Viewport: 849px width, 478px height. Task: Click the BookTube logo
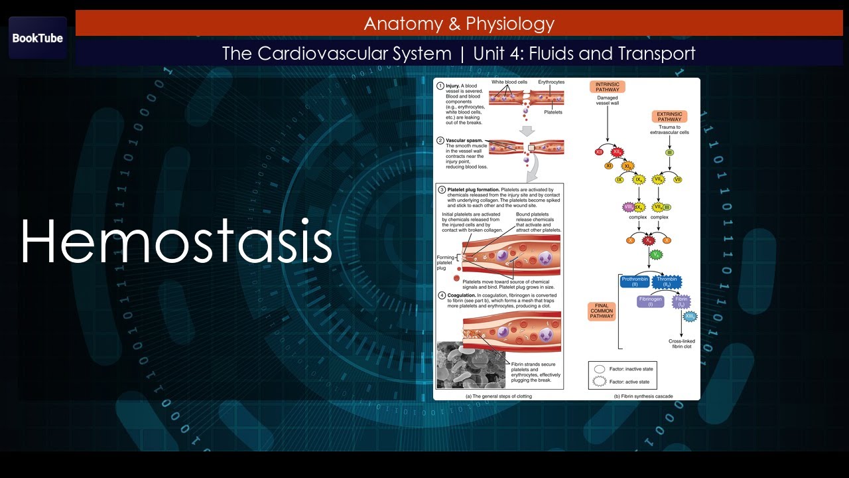[38, 38]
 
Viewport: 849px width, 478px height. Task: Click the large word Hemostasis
[176, 241]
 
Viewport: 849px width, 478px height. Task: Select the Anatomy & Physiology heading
[459, 24]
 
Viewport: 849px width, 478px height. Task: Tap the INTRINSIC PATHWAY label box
[607, 87]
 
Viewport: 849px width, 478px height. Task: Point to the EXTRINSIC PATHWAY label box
[669, 117]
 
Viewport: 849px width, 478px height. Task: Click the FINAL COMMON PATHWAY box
[602, 311]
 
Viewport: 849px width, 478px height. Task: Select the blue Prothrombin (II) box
[634, 282]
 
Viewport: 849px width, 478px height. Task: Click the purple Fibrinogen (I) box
[650, 301]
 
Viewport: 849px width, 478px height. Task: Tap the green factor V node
[656, 254]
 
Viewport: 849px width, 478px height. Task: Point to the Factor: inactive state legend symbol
[599, 369]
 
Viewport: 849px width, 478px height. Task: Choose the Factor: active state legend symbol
[599, 382]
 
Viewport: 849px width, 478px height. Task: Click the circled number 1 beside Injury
[440, 86]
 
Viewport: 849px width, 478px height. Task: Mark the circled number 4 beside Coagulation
[441, 295]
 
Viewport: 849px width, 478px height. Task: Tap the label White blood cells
[509, 82]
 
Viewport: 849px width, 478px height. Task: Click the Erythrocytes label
[551, 82]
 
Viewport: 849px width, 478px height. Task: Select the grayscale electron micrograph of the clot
[470, 364]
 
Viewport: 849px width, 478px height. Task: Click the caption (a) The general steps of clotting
[498, 396]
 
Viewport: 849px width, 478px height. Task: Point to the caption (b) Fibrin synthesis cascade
[643, 396]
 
